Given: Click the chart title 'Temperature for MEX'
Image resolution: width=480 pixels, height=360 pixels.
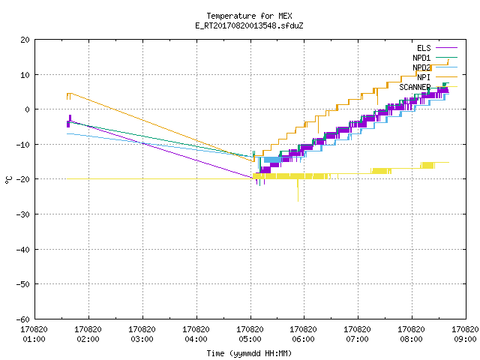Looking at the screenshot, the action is [x=249, y=16].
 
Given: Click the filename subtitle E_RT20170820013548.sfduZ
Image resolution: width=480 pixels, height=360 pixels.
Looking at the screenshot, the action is [x=249, y=25].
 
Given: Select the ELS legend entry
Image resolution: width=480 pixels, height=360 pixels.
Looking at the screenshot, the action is [x=437, y=48].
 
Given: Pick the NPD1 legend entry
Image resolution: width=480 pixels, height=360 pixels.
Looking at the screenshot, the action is [x=435, y=58].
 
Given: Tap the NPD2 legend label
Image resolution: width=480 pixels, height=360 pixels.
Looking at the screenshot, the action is [x=435, y=67].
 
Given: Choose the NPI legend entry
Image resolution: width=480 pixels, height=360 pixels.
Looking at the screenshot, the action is [x=437, y=77].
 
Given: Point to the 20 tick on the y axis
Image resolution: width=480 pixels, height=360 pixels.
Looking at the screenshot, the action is [x=25, y=40].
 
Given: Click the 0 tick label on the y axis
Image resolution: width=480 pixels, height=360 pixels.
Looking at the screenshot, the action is [x=27, y=109].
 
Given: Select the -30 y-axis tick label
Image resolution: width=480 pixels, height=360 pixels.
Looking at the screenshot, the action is [x=23, y=214].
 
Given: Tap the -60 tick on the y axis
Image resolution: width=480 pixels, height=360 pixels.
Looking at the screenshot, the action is [x=23, y=319].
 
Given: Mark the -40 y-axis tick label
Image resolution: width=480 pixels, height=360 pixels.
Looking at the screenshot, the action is [x=23, y=250].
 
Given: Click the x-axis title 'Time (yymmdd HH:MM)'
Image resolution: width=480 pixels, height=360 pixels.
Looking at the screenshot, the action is [x=249, y=353].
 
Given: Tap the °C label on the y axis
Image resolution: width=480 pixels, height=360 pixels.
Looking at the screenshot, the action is [x=8, y=180].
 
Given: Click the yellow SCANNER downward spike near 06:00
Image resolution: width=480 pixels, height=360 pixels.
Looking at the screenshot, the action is [x=298, y=190].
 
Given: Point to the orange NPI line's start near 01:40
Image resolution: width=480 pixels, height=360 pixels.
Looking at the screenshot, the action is [x=67, y=96].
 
